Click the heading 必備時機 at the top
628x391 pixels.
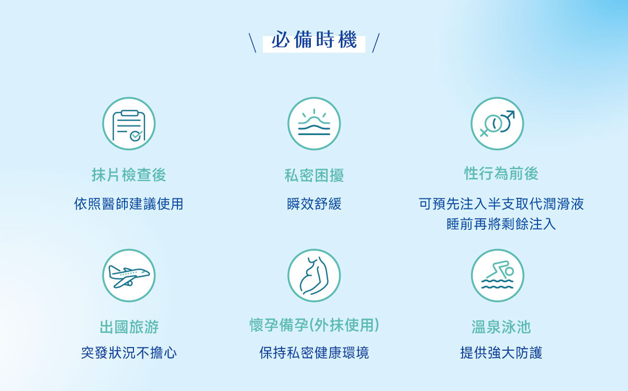pyautogui.click(x=314, y=40)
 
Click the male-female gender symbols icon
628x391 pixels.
pyautogui.click(x=497, y=124)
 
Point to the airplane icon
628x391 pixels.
pyautogui.click(x=129, y=275)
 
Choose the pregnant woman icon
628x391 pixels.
pyautogui.click(x=314, y=275)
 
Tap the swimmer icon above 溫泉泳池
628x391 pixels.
pyautogui.click(x=498, y=275)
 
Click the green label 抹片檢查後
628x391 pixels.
pyautogui.click(x=129, y=175)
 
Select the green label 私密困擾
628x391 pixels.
pyautogui.click(x=314, y=176)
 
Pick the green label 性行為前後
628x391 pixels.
pyautogui.click(x=501, y=174)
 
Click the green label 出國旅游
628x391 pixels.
pyautogui.click(x=129, y=327)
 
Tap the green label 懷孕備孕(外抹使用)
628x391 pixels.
pyautogui.click(x=315, y=325)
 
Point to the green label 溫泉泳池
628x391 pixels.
pyautogui.click(x=501, y=327)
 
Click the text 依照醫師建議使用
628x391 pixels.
pyautogui.click(x=129, y=204)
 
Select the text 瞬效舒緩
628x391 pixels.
pyautogui.click(x=314, y=204)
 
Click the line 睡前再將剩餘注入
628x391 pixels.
pyautogui.click(x=501, y=224)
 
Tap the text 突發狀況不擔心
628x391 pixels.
pyautogui.click(x=129, y=353)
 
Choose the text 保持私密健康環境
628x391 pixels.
pyautogui.click(x=314, y=353)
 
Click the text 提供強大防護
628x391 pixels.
pyautogui.click(x=501, y=353)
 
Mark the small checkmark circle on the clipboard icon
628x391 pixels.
pyautogui.click(x=136, y=136)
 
